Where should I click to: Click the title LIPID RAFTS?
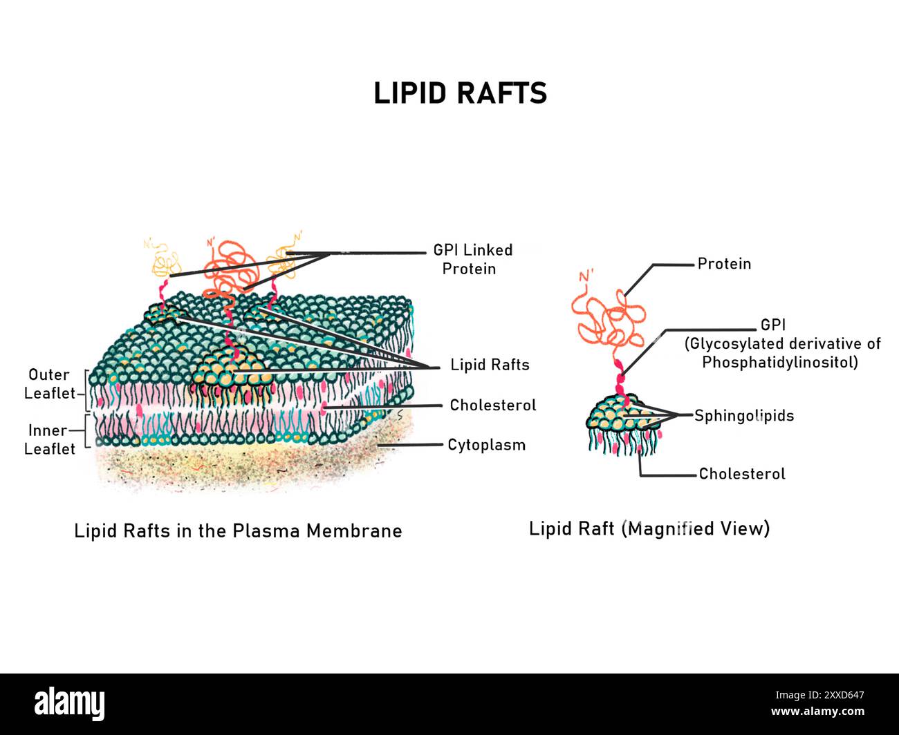(x=460, y=93)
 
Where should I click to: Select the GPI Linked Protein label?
(x=472, y=259)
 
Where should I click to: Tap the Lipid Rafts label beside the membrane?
(x=490, y=365)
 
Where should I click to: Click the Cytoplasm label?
(x=486, y=445)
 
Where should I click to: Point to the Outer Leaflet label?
(x=49, y=384)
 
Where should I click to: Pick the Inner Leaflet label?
(x=49, y=439)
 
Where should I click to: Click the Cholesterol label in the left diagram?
(x=492, y=405)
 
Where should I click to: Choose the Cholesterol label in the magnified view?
(x=741, y=474)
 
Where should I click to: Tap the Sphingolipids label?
(x=743, y=416)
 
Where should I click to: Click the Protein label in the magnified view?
(x=723, y=264)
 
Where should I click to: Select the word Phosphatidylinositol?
(x=779, y=362)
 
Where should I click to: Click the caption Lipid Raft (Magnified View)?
(x=649, y=528)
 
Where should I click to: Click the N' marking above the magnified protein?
(x=586, y=277)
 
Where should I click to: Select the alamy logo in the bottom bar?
(x=70, y=704)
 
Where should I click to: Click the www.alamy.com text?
(x=817, y=712)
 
